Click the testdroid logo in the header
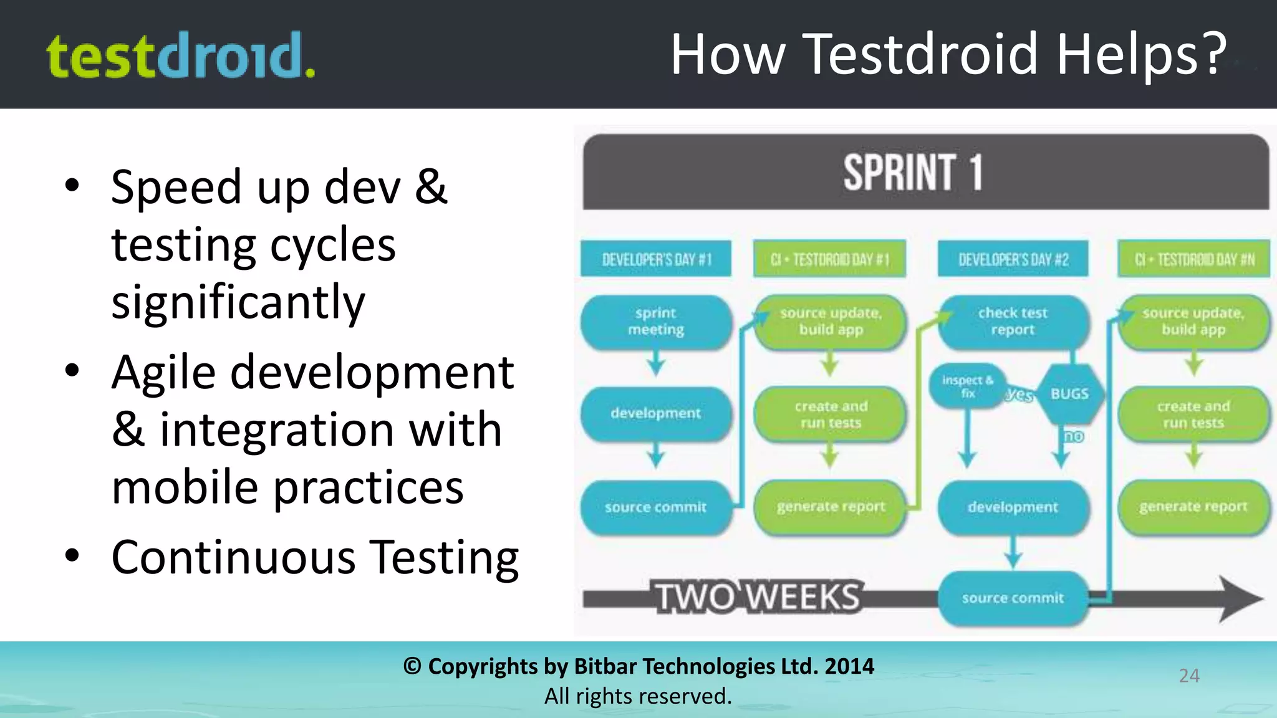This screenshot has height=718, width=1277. point(181,55)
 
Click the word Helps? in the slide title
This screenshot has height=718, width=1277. point(1141,55)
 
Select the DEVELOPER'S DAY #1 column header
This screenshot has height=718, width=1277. point(656,259)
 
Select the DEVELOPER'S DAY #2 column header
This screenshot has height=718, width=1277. point(1013,259)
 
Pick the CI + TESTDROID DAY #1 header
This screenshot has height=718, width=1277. point(829,259)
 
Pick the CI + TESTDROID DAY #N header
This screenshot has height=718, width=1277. point(1193,259)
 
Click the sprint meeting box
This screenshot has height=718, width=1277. point(656,322)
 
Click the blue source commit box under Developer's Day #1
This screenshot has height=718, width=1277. point(656,507)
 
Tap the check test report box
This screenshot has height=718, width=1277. point(1013,322)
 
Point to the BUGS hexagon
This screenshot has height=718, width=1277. point(1070,394)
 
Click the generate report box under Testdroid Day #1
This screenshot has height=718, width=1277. point(831,507)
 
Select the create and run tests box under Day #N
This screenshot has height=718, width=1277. point(1193,414)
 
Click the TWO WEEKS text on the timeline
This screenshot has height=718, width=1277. point(758,597)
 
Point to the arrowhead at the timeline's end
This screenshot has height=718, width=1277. point(1241,599)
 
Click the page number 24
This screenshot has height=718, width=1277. point(1189,676)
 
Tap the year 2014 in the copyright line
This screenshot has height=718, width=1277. point(849,666)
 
